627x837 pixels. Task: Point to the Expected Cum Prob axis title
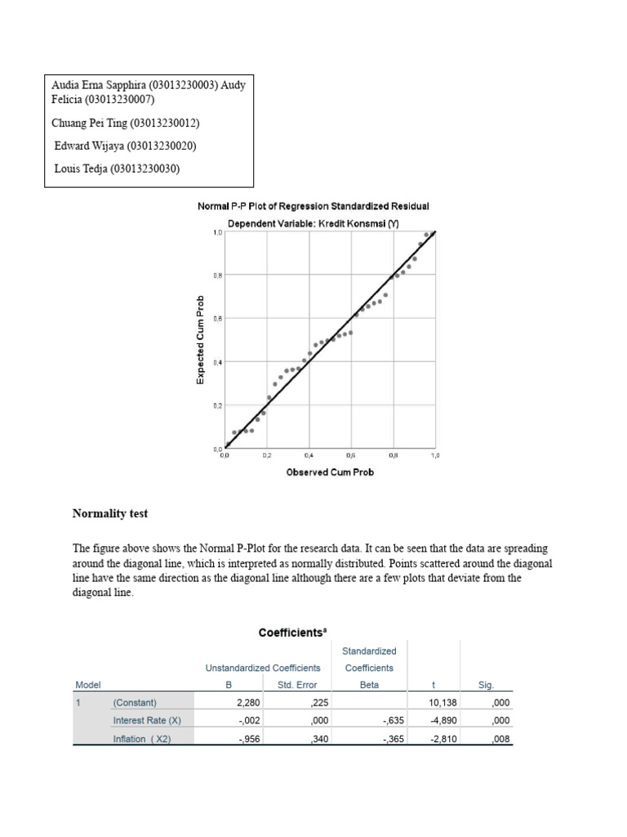(x=200, y=339)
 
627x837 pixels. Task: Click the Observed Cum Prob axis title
(x=330, y=472)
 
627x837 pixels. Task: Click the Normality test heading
(x=110, y=514)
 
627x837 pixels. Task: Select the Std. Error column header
(x=297, y=685)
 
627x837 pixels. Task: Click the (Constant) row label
(x=135, y=702)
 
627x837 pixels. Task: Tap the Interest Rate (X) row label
(x=147, y=720)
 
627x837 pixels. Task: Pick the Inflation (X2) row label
(x=142, y=739)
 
